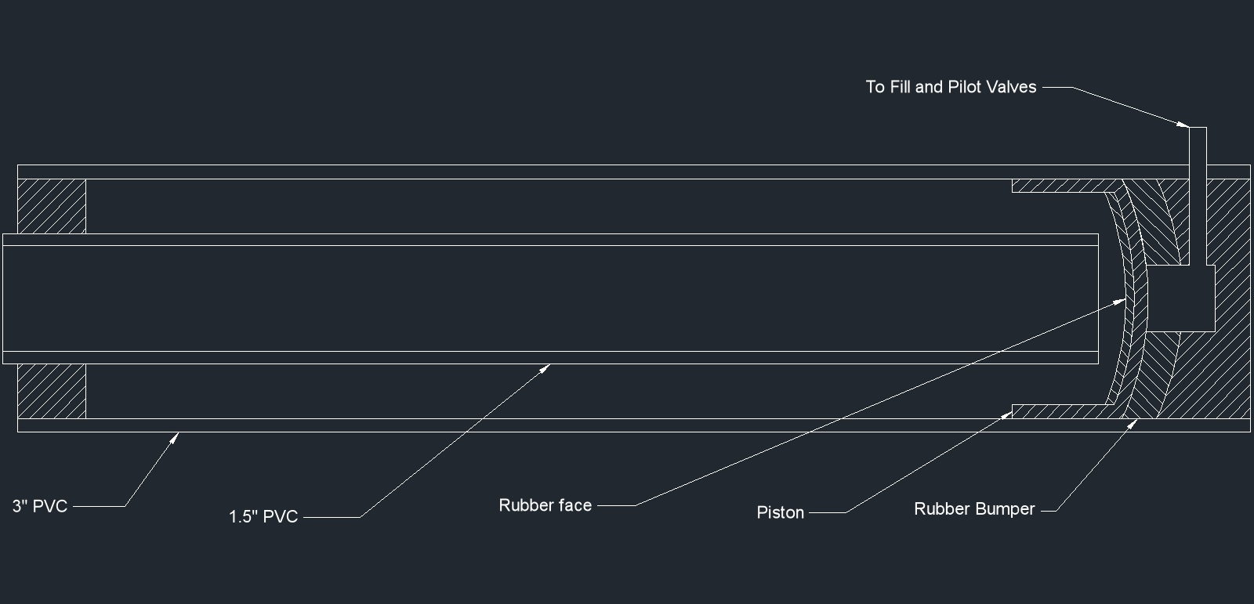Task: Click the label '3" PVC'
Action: click(x=40, y=506)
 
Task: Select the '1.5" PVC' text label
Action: click(x=263, y=517)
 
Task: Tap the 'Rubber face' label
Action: click(x=545, y=505)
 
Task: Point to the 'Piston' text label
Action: click(x=781, y=512)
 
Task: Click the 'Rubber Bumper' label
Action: click(x=974, y=509)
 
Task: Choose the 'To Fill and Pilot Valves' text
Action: click(x=951, y=87)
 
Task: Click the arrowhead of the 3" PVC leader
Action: click(x=176, y=436)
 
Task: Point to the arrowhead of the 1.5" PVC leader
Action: click(x=548, y=367)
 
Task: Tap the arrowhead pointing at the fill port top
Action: click(x=1185, y=125)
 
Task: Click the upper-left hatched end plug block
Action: click(x=52, y=206)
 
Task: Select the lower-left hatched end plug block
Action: click(x=52, y=391)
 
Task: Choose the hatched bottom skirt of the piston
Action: click(x=1058, y=411)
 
